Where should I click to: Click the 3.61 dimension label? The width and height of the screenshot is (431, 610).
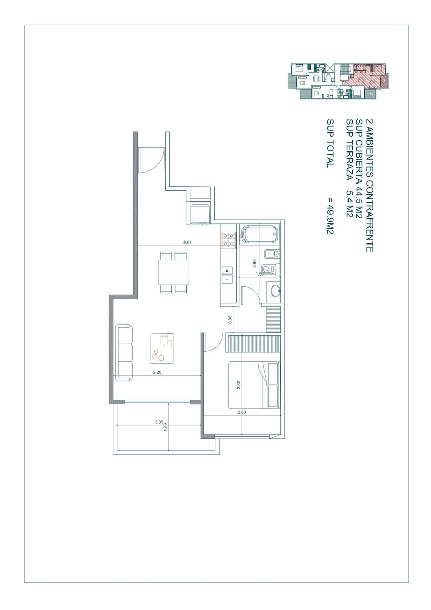pyautogui.click(x=187, y=242)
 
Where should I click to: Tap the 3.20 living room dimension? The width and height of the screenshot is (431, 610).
pyautogui.click(x=157, y=372)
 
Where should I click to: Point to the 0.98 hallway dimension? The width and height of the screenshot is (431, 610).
pyautogui.click(x=230, y=319)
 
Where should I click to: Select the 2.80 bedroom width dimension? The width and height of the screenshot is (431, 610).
pyautogui.click(x=242, y=412)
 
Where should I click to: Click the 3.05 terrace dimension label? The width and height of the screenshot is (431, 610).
pyautogui.click(x=159, y=422)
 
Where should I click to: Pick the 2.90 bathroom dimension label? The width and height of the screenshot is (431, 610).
pyautogui.click(x=255, y=263)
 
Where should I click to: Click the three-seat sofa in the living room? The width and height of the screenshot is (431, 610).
pyautogui.click(x=124, y=353)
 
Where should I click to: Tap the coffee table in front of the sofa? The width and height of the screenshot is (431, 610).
pyautogui.click(x=162, y=349)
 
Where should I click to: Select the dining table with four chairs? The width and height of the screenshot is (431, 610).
pyautogui.click(x=174, y=272)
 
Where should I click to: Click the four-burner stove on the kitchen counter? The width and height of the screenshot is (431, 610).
pyautogui.click(x=228, y=239)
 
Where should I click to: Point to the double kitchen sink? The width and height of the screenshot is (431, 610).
pyautogui.click(x=227, y=275)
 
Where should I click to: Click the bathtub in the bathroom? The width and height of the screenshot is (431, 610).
pyautogui.click(x=260, y=234)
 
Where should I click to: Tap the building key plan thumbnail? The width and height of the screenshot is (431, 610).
pyautogui.click(x=337, y=81)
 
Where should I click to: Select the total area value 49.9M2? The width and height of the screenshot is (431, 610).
pyautogui.click(x=330, y=216)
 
